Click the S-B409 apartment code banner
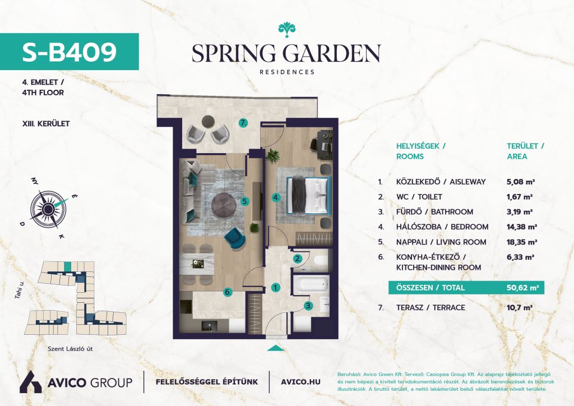[x=70, y=52]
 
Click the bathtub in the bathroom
[x=312, y=284]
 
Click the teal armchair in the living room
[x=235, y=237]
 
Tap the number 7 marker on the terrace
[x=243, y=123]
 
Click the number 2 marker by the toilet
[x=298, y=259]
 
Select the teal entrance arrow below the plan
[x=276, y=348]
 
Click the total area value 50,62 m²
[x=522, y=288]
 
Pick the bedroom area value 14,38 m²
[x=522, y=227]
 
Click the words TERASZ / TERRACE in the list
[x=430, y=307]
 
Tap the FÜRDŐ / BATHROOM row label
[x=434, y=212]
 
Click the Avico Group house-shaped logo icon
[x=30, y=382]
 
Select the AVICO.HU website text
[x=300, y=382]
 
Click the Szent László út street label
[x=70, y=349]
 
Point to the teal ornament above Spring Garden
[x=286, y=30]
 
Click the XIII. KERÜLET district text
[x=46, y=124]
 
